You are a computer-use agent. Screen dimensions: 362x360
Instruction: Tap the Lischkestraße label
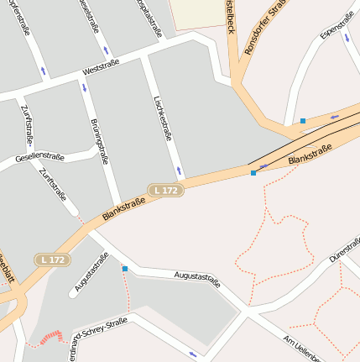[x=164, y=117]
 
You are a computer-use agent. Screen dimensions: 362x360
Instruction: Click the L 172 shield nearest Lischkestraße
[x=166, y=191]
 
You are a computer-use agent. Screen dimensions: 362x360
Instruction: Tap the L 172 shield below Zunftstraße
[x=51, y=260]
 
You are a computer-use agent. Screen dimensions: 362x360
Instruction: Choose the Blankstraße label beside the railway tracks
[x=309, y=155]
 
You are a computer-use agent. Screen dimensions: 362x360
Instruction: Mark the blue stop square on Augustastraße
[x=125, y=269]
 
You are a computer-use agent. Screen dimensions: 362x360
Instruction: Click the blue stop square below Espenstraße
[x=303, y=121]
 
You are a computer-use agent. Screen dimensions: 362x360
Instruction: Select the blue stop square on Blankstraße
[x=253, y=173]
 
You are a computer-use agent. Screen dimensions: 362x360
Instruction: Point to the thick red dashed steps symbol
[x=50, y=337]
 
